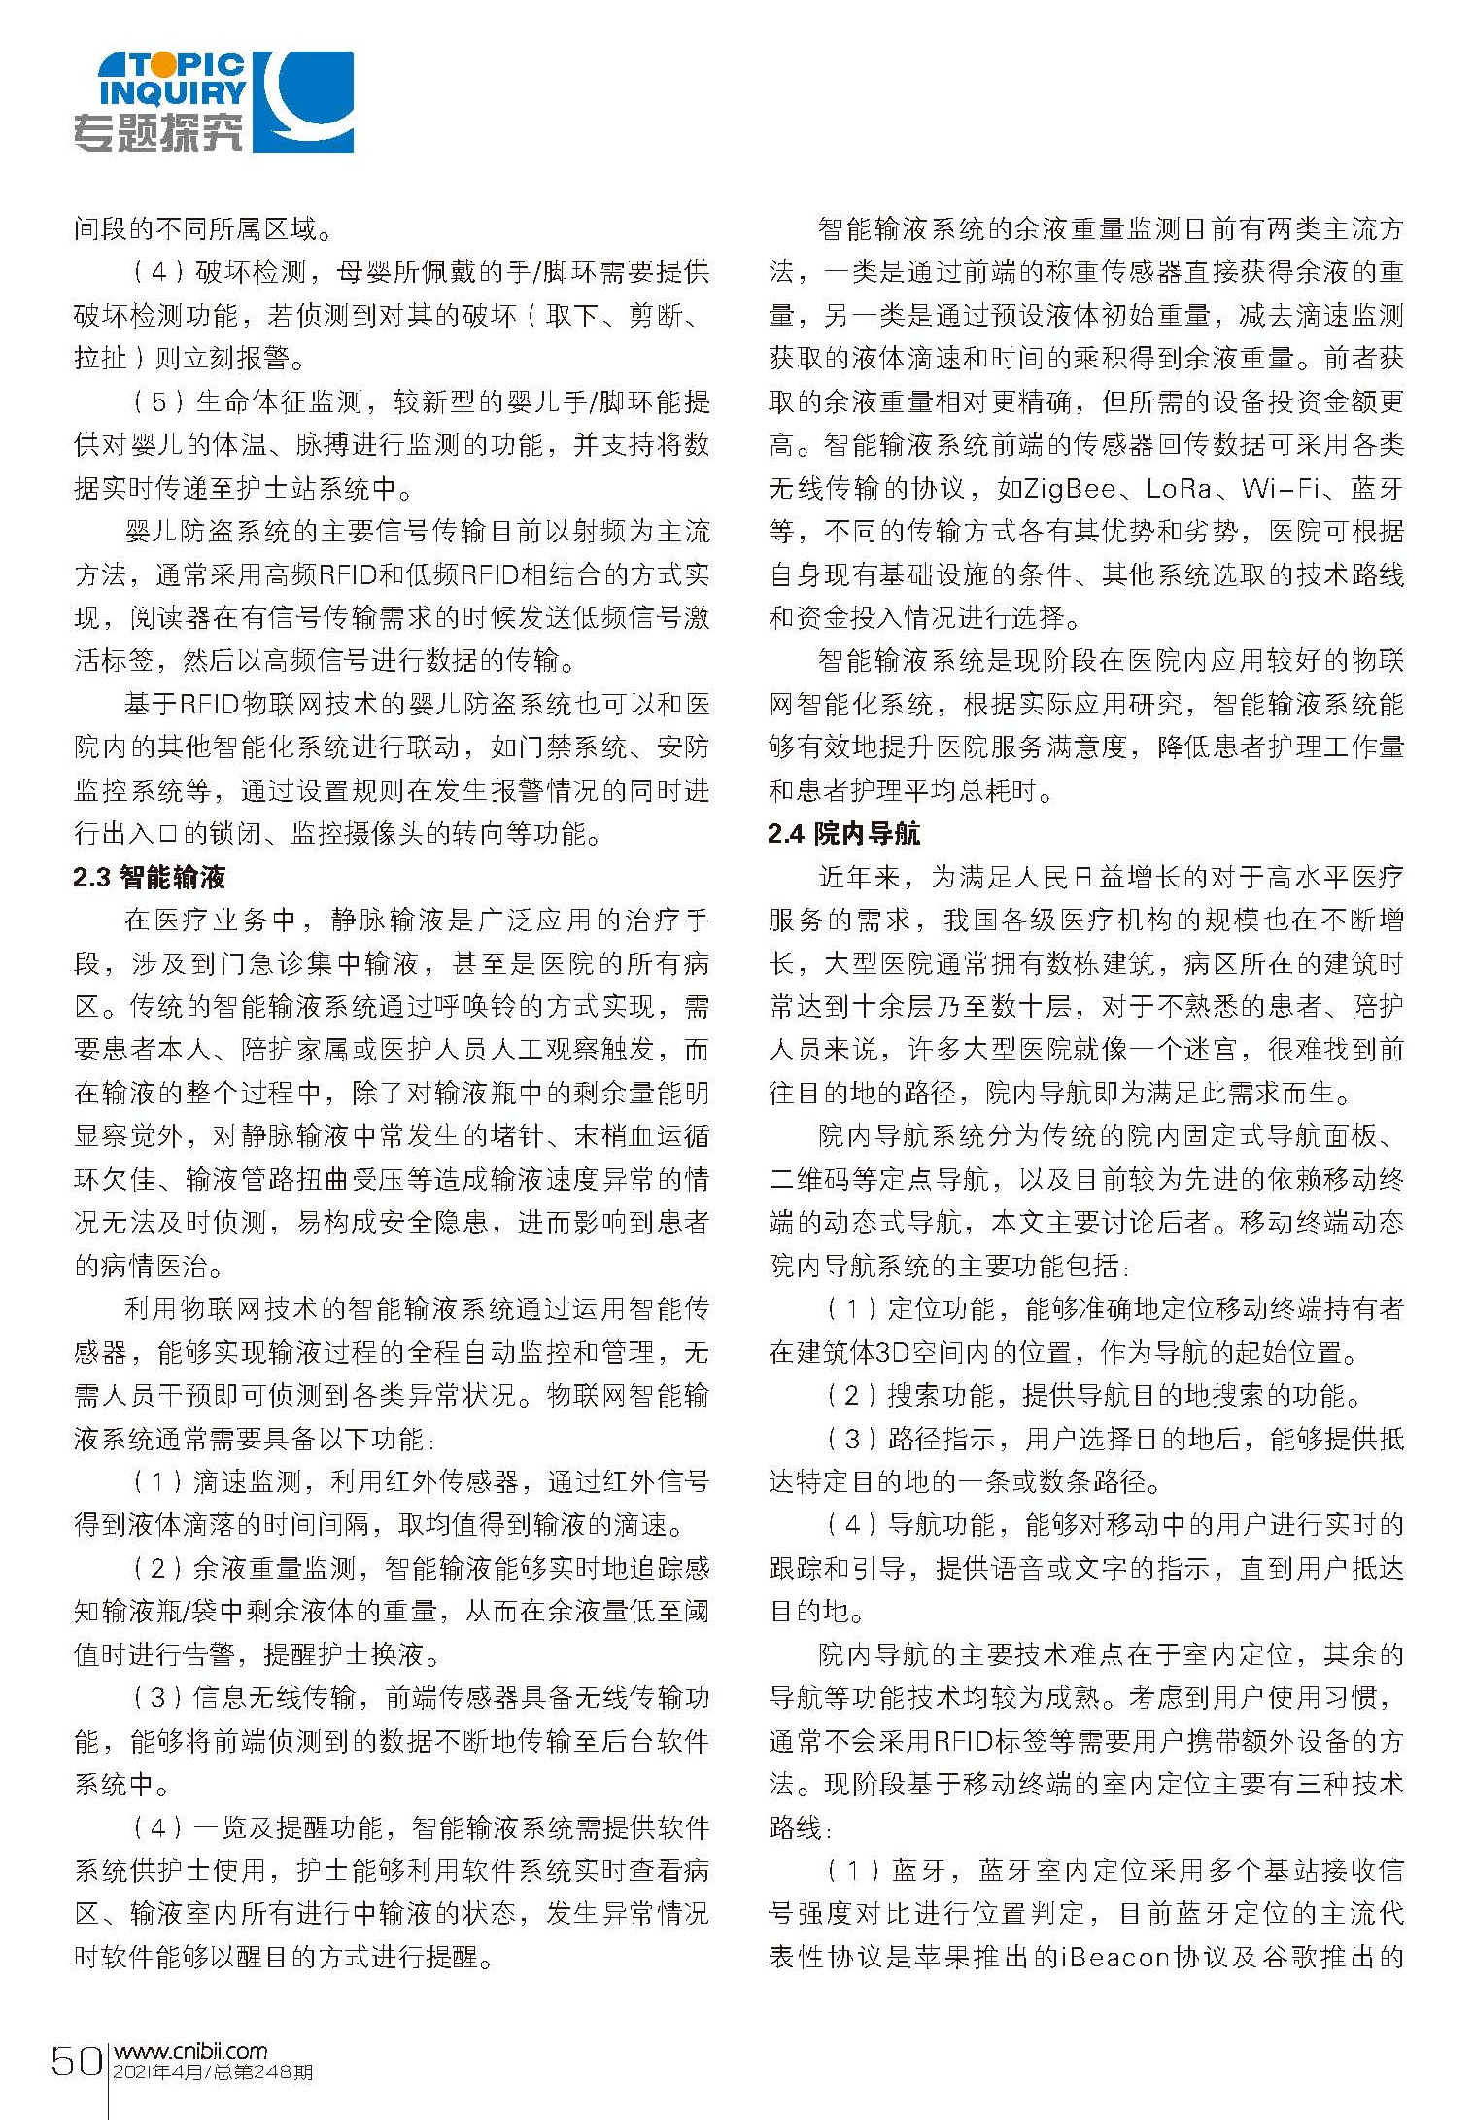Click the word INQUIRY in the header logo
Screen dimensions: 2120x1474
(173, 93)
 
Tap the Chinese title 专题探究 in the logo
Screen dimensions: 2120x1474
(157, 131)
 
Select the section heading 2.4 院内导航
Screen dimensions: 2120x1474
(843, 834)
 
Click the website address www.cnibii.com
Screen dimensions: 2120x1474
(190, 2050)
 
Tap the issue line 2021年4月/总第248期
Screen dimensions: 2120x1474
(213, 2071)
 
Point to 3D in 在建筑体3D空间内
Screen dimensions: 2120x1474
(892, 1352)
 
